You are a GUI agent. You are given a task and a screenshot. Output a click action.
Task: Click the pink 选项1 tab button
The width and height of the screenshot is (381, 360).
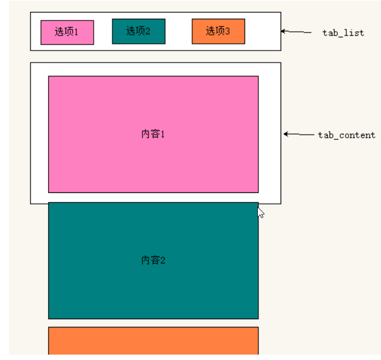67,32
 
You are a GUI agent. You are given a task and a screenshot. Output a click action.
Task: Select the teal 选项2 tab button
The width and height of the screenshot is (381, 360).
139,31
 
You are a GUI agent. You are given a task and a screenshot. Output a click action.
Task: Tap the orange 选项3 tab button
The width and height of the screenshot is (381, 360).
218,31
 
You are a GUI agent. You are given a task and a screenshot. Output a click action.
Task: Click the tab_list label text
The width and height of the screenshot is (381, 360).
343,33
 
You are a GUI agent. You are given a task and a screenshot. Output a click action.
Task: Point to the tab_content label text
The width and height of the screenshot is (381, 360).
347,135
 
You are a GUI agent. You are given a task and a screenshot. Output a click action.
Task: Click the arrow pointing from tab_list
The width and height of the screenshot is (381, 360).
296,32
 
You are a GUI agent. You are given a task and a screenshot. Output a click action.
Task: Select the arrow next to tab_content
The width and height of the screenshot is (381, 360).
299,134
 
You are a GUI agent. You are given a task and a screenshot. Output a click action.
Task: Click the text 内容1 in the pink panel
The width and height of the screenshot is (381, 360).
153,134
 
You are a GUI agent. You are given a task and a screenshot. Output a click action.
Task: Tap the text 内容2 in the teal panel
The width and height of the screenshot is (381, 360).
153,260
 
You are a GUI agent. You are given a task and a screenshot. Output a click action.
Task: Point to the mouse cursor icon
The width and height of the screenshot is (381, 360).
260,213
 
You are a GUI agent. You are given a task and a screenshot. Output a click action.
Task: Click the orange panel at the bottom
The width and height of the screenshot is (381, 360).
153,341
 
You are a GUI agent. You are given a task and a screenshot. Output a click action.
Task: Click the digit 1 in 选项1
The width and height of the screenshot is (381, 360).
76,32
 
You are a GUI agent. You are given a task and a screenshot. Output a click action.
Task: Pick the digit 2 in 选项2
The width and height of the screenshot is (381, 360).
147,31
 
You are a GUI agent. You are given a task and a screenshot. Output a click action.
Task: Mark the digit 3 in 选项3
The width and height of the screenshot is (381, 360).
227,31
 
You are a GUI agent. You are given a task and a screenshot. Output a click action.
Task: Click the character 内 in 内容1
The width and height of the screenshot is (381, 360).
145,134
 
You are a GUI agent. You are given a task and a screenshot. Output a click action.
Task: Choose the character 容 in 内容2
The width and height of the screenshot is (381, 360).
155,260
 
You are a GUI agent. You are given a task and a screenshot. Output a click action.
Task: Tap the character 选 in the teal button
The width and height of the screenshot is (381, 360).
131,31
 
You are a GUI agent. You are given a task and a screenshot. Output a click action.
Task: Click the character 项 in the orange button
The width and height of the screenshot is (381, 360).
220,31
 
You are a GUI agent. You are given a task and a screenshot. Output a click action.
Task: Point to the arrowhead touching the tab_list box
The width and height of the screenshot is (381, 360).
283,31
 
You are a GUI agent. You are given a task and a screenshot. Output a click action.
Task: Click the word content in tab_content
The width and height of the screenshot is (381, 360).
357,135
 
